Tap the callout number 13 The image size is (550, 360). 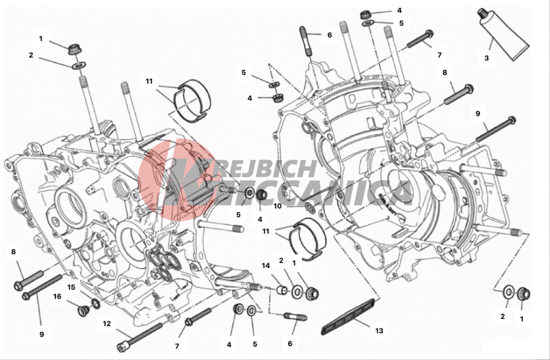(x=379, y=331)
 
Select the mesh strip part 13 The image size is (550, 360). (x=350, y=316)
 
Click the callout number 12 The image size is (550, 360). (x=107, y=323)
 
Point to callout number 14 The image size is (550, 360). (x=265, y=266)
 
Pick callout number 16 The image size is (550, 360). (x=57, y=296)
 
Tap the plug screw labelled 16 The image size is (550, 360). (x=83, y=311)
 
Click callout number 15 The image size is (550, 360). (x=71, y=287)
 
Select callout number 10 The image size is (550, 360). (x=277, y=206)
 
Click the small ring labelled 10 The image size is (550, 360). (x=310, y=207)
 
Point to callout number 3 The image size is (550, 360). (x=486, y=58)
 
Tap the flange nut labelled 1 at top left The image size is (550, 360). (x=74, y=49)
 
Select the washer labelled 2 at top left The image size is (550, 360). (x=79, y=65)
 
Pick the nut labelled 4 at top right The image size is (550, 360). (x=366, y=15)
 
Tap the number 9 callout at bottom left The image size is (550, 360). (x=42, y=335)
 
